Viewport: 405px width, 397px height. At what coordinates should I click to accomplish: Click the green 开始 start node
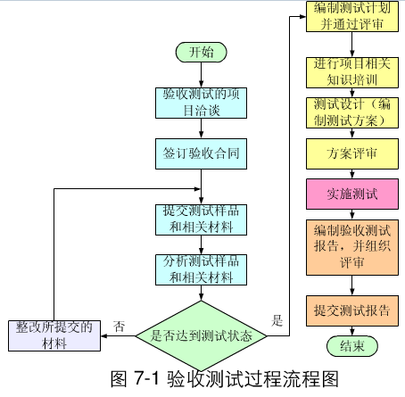(x=201, y=52)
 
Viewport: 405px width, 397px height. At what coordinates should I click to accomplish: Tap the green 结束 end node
(x=352, y=346)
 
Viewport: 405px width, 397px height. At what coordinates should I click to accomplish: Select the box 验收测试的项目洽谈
(x=201, y=103)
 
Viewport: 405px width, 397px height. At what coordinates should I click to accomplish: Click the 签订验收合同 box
(x=201, y=153)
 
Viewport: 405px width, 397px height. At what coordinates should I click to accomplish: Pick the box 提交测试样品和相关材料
(x=201, y=219)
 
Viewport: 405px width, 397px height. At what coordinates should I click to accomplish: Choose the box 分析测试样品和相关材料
(x=201, y=269)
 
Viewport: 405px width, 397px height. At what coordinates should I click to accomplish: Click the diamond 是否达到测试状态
(x=201, y=336)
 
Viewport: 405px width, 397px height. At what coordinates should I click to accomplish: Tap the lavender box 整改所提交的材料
(x=54, y=335)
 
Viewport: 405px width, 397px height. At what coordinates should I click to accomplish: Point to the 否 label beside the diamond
(x=119, y=327)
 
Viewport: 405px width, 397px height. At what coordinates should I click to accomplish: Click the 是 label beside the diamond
(x=277, y=320)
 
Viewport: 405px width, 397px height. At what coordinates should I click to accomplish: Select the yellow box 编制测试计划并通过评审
(x=352, y=16)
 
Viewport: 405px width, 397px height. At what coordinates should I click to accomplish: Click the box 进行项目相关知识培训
(x=352, y=72)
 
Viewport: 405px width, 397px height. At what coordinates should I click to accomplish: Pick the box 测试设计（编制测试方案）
(x=352, y=113)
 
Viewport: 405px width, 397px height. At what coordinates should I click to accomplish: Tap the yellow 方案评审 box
(x=352, y=153)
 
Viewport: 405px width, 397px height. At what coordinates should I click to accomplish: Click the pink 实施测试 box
(x=352, y=194)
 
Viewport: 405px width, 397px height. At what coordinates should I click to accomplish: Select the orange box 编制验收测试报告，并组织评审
(x=352, y=247)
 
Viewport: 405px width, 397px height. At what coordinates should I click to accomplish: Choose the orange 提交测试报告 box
(x=352, y=310)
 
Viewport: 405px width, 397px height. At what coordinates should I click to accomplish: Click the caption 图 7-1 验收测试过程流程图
(x=225, y=379)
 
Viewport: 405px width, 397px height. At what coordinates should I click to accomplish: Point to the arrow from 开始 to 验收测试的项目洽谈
(x=201, y=75)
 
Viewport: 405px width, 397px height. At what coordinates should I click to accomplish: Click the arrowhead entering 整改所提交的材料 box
(x=103, y=336)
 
